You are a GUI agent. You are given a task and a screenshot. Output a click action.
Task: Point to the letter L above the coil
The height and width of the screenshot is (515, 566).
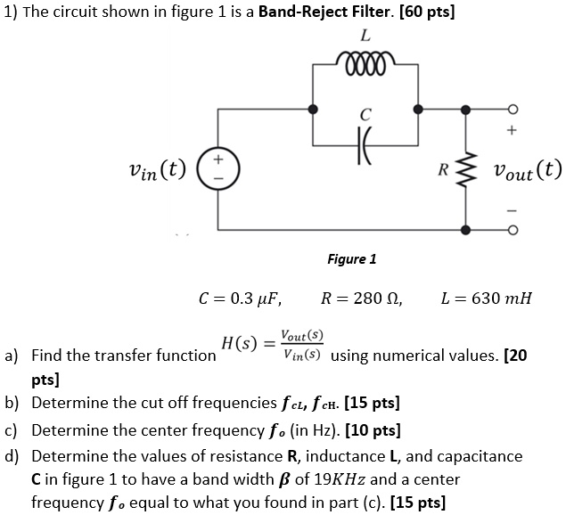tap(365, 37)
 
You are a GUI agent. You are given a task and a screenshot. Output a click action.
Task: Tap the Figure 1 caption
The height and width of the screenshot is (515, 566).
tap(351, 258)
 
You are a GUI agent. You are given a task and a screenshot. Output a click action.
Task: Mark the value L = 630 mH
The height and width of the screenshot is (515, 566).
tap(486, 298)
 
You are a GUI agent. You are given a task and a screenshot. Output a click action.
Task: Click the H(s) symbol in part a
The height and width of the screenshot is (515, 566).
tap(238, 343)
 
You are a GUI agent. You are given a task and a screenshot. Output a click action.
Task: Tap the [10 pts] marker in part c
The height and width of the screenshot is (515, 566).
tap(373, 432)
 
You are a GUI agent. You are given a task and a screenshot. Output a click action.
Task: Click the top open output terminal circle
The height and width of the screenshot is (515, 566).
tap(512, 110)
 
